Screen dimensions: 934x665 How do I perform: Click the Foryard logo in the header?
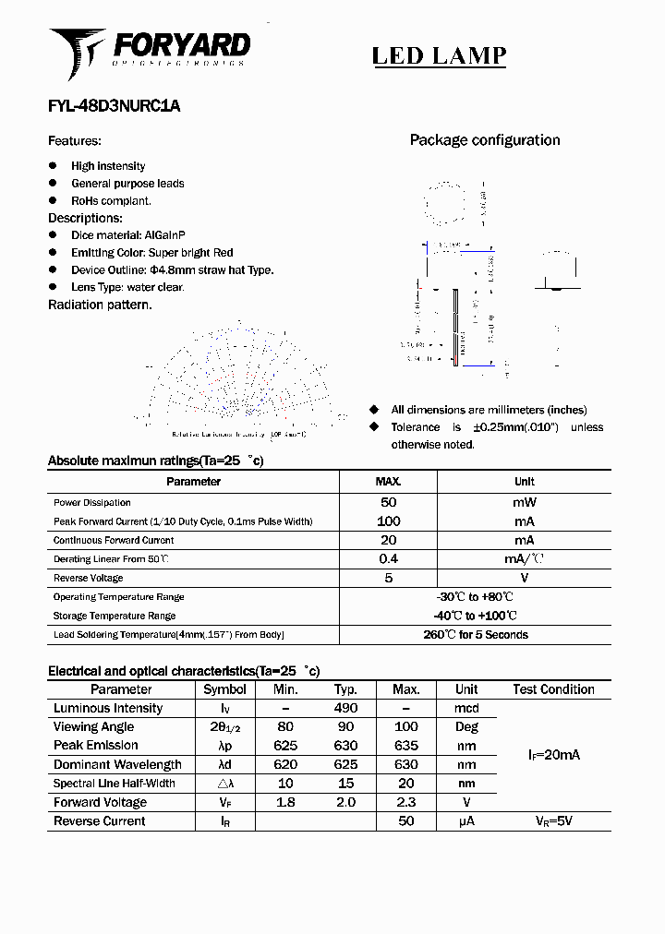click(x=150, y=51)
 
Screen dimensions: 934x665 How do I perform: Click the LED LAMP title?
click(x=439, y=55)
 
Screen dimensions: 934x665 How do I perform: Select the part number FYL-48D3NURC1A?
click(x=114, y=106)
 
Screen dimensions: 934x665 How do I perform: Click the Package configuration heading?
click(x=485, y=140)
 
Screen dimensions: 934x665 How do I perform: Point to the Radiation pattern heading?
click(x=100, y=305)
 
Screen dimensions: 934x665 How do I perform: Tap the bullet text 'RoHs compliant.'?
click(x=111, y=200)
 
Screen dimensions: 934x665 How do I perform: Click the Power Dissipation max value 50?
click(x=389, y=503)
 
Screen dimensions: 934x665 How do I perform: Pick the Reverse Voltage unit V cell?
click(x=525, y=578)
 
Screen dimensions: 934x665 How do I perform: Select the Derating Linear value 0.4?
click(x=389, y=559)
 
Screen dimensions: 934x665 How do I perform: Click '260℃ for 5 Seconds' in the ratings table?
click(x=476, y=635)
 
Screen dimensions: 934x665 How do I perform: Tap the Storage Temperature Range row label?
click(x=115, y=616)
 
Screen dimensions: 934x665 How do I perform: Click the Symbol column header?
click(x=224, y=689)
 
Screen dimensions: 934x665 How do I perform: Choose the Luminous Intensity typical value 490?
click(x=345, y=709)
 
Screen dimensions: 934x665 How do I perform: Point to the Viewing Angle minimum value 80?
click(x=285, y=727)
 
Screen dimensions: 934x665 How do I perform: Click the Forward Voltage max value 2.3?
click(x=406, y=803)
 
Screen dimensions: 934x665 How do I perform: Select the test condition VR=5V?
click(x=554, y=821)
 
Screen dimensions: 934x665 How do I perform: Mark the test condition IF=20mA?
click(x=554, y=755)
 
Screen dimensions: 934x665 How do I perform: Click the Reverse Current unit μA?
click(x=466, y=821)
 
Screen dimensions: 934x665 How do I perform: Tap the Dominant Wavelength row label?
click(x=117, y=765)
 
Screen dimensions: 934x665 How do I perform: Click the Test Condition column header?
click(x=554, y=689)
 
